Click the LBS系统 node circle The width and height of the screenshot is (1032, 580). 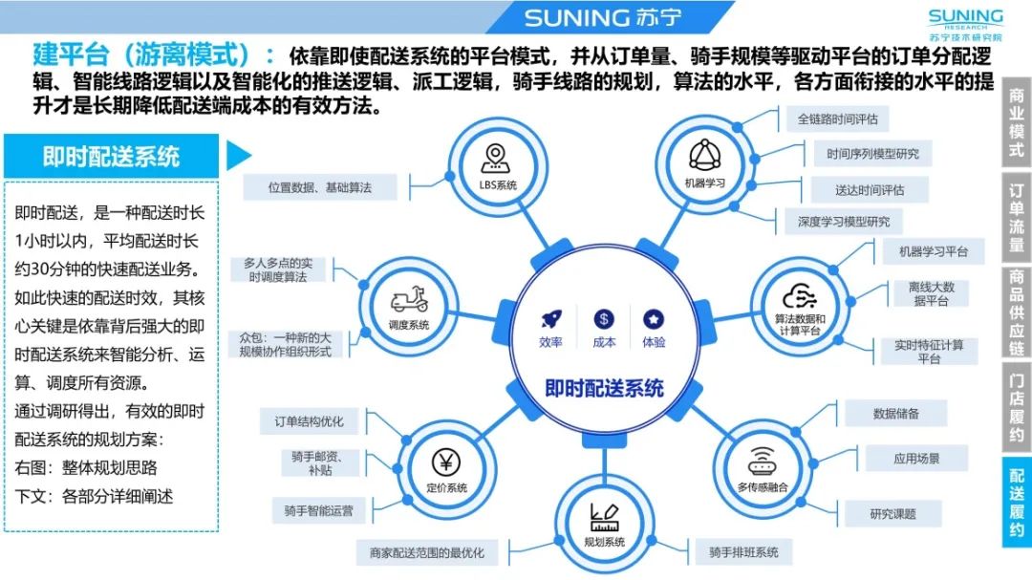pos(498,166)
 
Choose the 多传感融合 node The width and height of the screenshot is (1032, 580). pos(762,467)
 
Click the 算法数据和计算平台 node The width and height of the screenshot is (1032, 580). pos(798,304)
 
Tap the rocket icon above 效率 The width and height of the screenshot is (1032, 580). pos(550,320)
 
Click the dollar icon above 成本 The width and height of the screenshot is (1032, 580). pos(603,320)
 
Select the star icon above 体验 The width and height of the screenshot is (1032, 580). pos(654,320)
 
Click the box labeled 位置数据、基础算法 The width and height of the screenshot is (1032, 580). pos(319,187)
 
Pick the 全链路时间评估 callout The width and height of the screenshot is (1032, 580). pos(837,119)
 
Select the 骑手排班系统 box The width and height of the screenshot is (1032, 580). pos(743,552)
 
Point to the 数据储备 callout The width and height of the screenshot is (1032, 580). pos(895,414)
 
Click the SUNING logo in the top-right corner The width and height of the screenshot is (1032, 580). pos(965,24)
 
